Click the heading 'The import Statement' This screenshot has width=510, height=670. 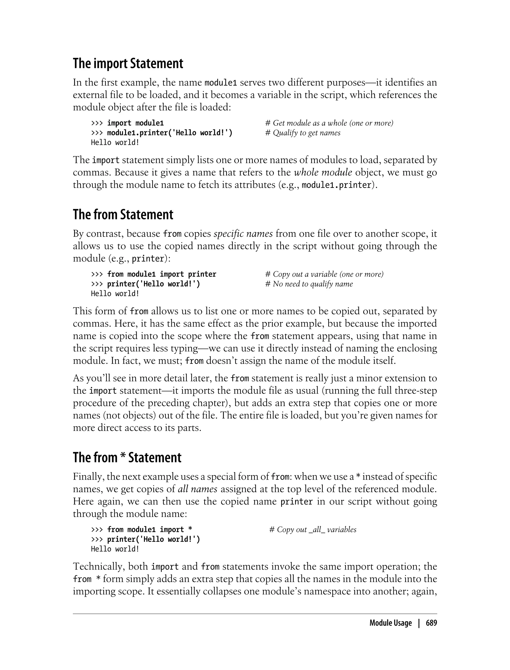[x=128, y=64]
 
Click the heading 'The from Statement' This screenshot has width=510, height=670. [x=123, y=215]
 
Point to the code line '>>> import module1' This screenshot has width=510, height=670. [x=127, y=123]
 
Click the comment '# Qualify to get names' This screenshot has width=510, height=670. [x=303, y=133]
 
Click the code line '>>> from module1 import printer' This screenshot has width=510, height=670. [x=153, y=274]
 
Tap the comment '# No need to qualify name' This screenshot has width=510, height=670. [x=309, y=284]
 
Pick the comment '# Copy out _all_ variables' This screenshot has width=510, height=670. [x=313, y=530]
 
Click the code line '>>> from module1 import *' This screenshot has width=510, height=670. [x=141, y=530]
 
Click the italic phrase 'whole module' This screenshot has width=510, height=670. [x=323, y=172]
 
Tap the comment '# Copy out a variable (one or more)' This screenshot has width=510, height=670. [x=324, y=274]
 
